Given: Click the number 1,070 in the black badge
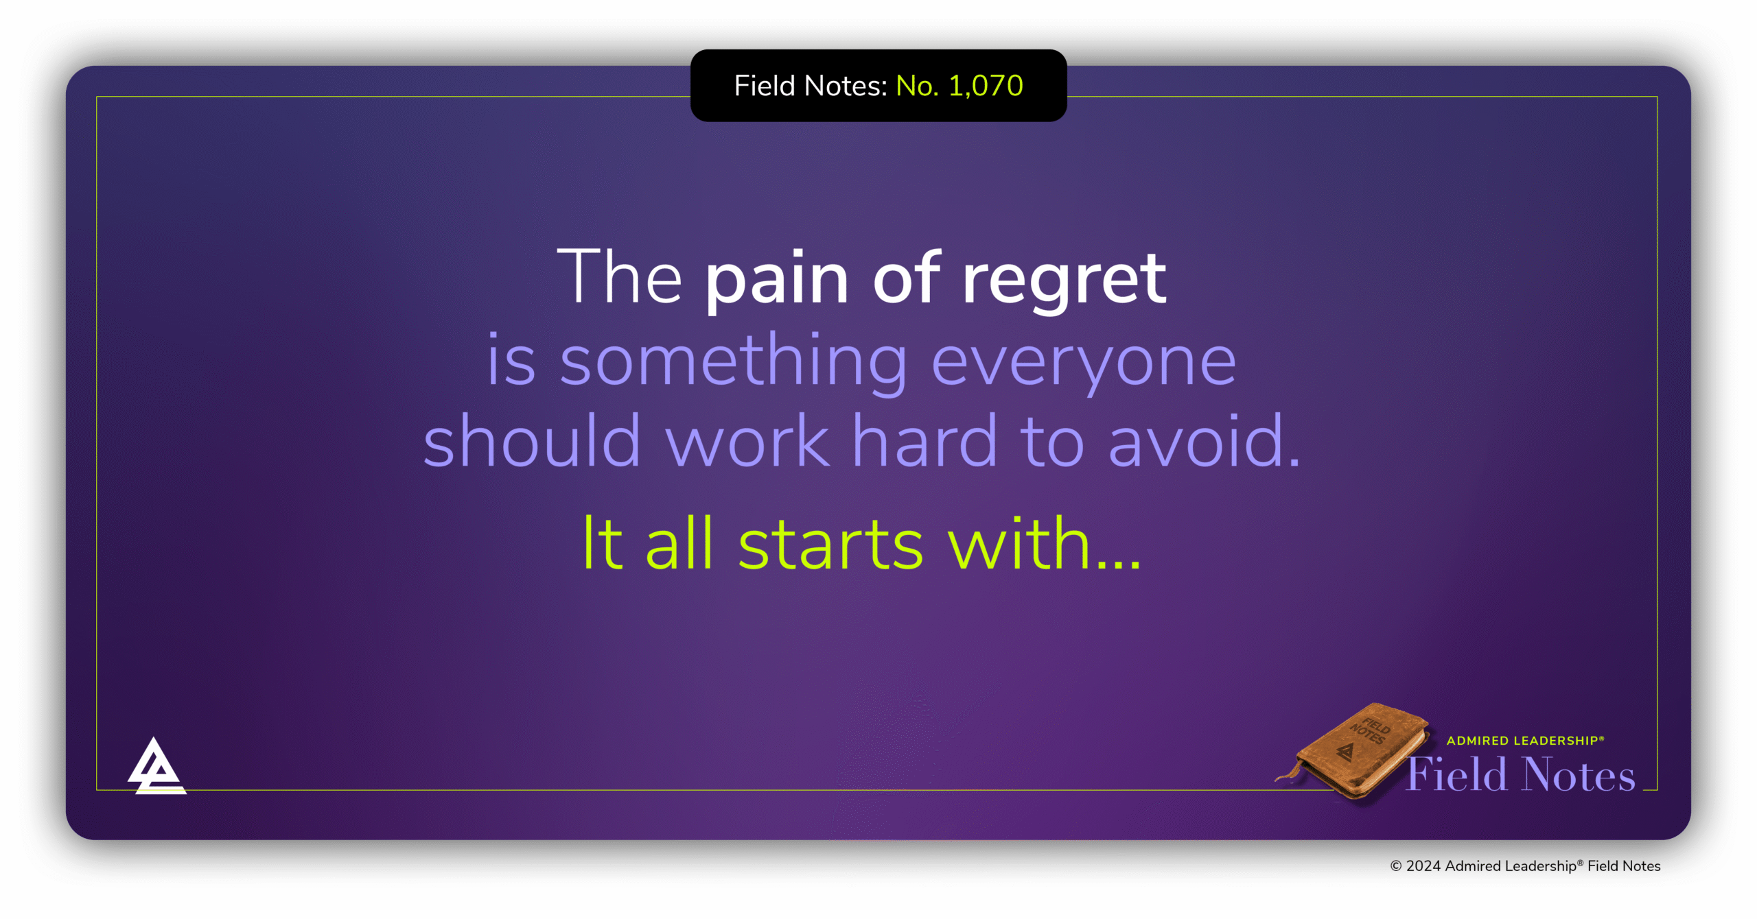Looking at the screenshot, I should [986, 86].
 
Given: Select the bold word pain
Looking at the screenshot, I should [777, 280].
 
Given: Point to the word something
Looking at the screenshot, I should [734, 362].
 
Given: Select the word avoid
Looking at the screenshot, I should [1204, 442].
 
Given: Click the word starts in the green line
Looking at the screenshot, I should [830, 545].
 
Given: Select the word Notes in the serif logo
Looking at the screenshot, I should [1579, 776].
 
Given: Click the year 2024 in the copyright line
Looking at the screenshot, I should [1423, 866].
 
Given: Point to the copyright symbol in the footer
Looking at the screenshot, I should [1396, 866].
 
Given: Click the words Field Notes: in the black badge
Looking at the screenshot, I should [811, 86].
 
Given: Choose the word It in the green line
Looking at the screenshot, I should [603, 545].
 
